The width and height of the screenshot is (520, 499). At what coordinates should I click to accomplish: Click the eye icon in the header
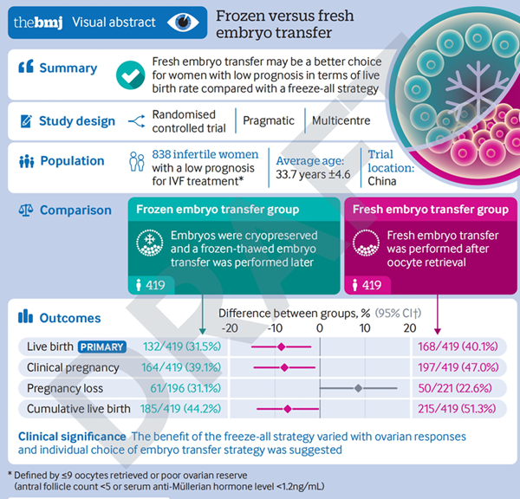coord(183,23)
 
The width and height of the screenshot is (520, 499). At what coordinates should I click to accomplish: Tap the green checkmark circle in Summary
coord(130,75)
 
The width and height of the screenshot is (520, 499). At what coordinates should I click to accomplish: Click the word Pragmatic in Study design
coord(269,120)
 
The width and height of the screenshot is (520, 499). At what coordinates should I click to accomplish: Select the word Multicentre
coord(341,120)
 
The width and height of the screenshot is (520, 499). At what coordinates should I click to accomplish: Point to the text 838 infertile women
coord(205,154)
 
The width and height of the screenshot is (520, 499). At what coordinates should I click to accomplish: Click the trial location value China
coord(381,181)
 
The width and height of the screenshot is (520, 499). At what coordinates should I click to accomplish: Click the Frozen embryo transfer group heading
coord(218,209)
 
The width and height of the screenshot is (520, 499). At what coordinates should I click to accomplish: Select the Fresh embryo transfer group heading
coord(431,209)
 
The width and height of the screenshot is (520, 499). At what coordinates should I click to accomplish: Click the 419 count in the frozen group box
coord(155,285)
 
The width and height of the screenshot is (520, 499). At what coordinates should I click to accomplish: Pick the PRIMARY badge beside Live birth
coord(102,347)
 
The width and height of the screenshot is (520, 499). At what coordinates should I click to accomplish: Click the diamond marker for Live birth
coord(281,347)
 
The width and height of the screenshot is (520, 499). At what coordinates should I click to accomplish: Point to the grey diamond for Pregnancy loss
coord(358,388)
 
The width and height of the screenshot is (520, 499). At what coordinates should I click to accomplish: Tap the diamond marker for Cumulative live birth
coord(288,409)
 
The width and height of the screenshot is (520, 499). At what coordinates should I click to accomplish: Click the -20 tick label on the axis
coord(230,328)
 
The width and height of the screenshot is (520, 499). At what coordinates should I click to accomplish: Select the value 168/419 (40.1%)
coord(458,347)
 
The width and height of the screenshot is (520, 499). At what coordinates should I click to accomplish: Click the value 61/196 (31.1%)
coord(185,388)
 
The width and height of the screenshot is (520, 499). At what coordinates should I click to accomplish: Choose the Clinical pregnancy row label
coord(73,367)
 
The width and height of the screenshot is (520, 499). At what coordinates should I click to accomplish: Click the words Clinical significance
coord(72,437)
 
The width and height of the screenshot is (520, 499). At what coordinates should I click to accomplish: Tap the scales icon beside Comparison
coord(26,210)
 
